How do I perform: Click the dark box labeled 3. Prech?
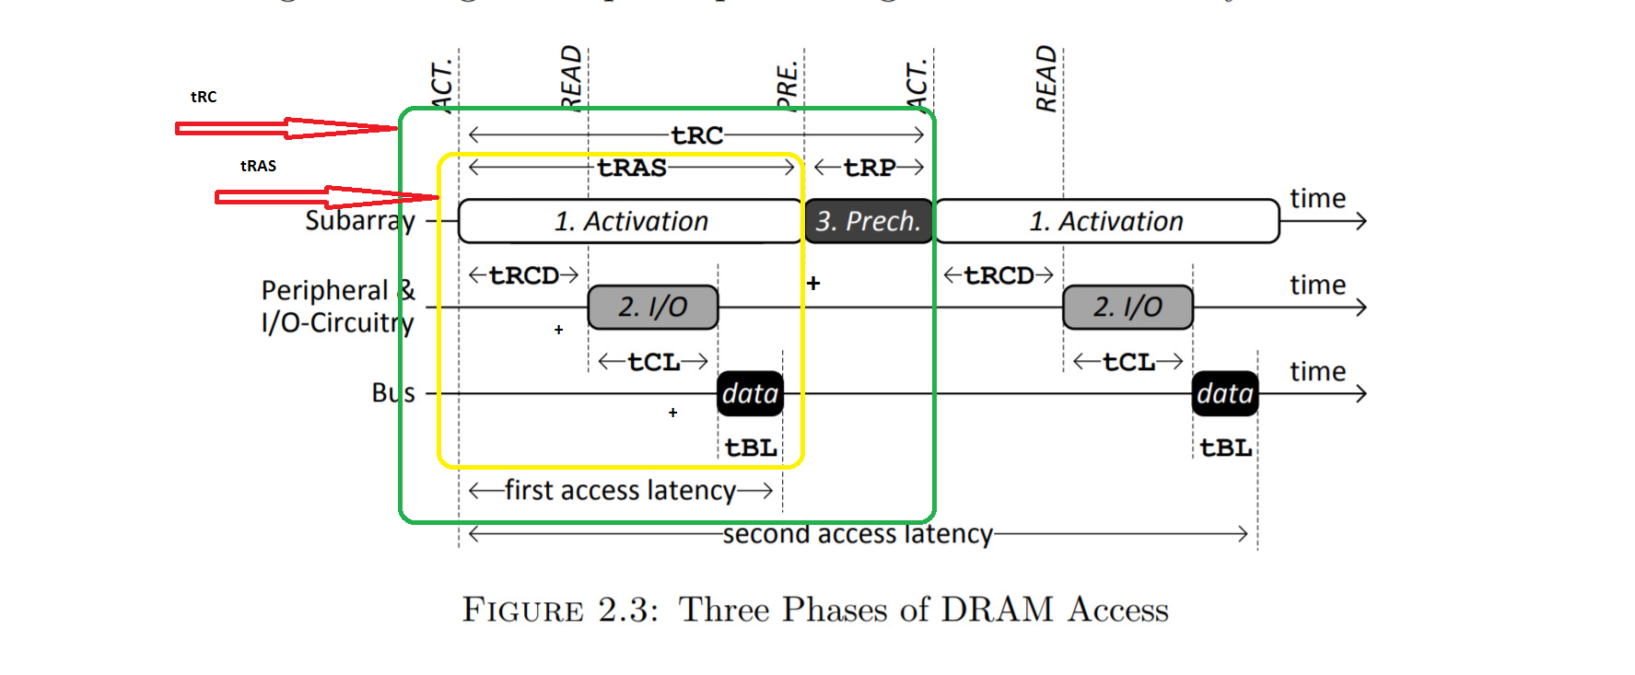[x=868, y=221]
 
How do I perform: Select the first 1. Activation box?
[x=630, y=221]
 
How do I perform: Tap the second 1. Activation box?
[x=1106, y=221]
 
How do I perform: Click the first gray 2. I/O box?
[x=652, y=307]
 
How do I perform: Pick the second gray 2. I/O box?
[x=1127, y=307]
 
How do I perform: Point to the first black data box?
[x=750, y=393]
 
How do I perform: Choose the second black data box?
[x=1224, y=393]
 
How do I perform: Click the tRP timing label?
[x=870, y=168]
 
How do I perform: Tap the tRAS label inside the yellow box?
[x=632, y=168]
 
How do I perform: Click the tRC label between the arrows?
[x=697, y=135]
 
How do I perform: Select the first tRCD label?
[x=524, y=275]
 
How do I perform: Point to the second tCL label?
[x=1128, y=362]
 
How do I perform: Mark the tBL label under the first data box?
[x=751, y=448]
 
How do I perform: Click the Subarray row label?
[x=360, y=221]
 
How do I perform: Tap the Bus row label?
[x=393, y=393]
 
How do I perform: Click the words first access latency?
[x=620, y=491]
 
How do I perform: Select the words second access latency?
[x=858, y=534]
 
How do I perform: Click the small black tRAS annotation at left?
[x=258, y=166]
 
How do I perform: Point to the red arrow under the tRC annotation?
[x=286, y=128]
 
